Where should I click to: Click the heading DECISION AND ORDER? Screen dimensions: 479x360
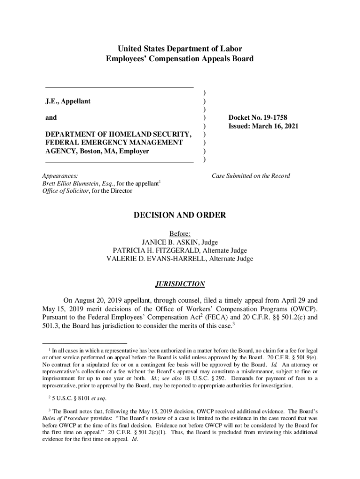tap(180, 216)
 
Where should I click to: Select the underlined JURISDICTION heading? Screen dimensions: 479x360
tap(180, 284)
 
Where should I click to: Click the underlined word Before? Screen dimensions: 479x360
tap(180, 234)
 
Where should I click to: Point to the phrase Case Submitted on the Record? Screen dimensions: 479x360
tap(251, 176)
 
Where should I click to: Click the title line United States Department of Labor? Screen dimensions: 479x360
tap(180, 49)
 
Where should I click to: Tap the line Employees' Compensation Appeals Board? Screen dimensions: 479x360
tap(180, 59)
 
